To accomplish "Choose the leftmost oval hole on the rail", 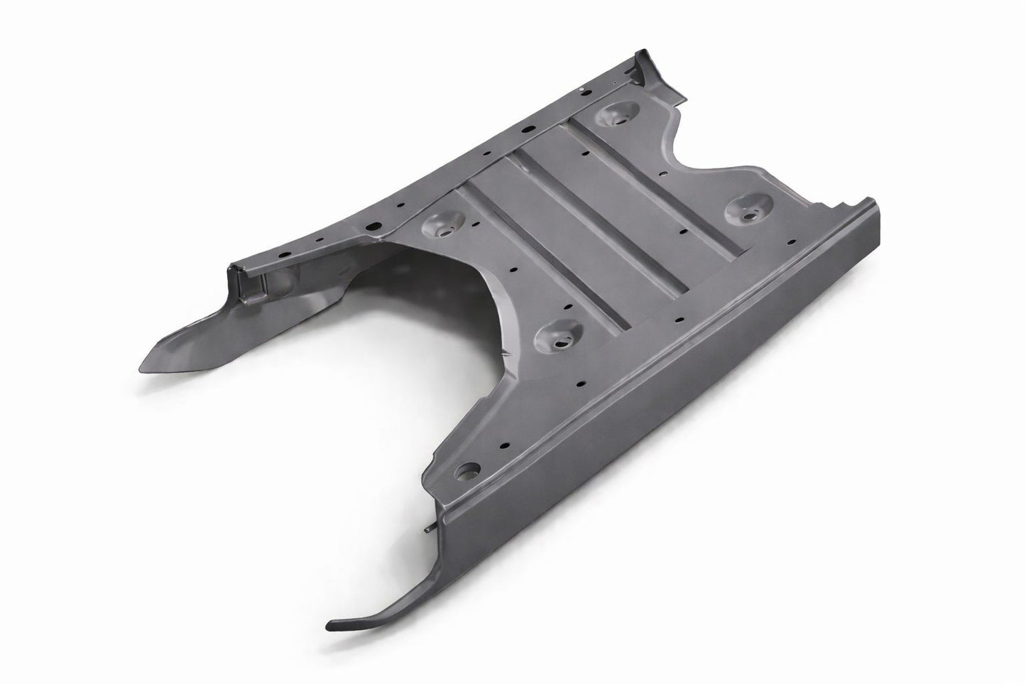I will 284,254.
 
